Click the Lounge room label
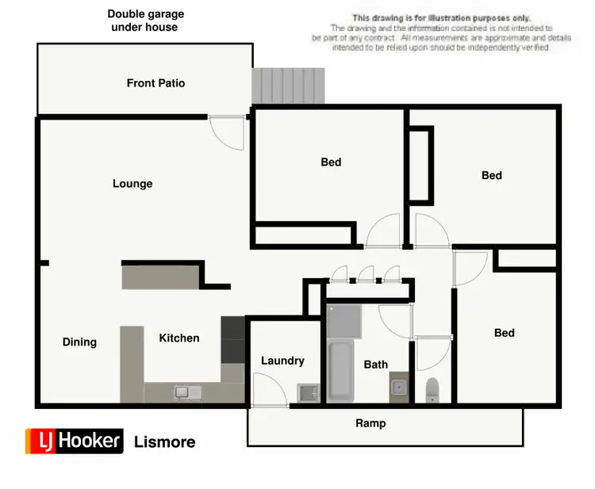132,184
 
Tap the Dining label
79,342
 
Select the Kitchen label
179,338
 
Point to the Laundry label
282,361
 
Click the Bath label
376,365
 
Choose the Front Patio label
155,83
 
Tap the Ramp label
370,423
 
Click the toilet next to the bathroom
432,389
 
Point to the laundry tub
306,392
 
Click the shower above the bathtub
343,320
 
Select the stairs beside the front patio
289,86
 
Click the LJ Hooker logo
75,441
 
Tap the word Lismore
165,441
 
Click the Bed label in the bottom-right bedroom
505,333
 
